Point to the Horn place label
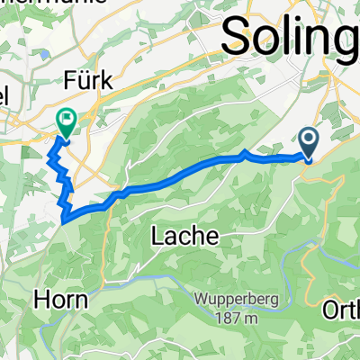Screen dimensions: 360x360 click(63, 299)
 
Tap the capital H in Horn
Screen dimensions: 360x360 click(44, 299)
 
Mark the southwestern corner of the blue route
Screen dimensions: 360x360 click(65, 216)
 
